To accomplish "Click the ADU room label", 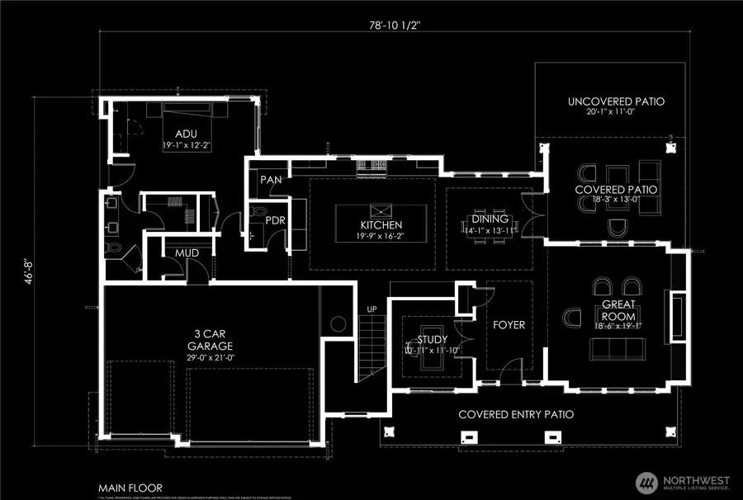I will point(186,133).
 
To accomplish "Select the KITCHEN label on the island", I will point(381,225).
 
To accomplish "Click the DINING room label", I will point(484,219).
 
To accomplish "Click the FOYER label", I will point(509,324).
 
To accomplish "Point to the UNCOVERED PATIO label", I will point(616,102).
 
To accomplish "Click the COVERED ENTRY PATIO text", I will point(516,414).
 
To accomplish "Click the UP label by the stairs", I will point(371,309).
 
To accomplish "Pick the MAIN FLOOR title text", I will point(129,488).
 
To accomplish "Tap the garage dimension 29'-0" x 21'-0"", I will point(211,360).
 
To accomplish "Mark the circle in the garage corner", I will point(337,323).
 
